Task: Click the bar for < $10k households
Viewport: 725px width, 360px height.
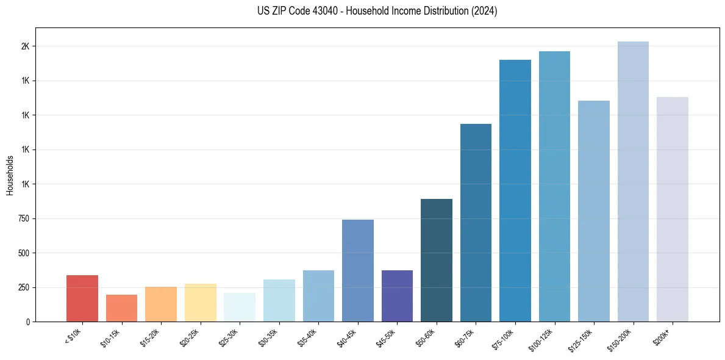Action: pyautogui.click(x=82, y=298)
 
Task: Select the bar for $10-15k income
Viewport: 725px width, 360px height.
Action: pyautogui.click(x=121, y=308)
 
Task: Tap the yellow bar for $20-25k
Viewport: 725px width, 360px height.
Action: pyautogui.click(x=200, y=303)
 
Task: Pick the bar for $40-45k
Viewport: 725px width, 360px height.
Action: pyautogui.click(x=357, y=270)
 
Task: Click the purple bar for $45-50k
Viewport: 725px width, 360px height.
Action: pyautogui.click(x=397, y=296)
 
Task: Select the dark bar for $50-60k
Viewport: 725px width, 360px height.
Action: pyautogui.click(x=437, y=260)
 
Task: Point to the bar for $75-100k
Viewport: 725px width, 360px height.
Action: pyautogui.click(x=515, y=190)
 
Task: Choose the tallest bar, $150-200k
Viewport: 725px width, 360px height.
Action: pyautogui.click(x=633, y=181)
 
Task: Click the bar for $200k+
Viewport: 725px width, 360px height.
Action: pyautogui.click(x=673, y=209)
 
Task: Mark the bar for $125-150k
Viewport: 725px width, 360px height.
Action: pyautogui.click(x=594, y=211)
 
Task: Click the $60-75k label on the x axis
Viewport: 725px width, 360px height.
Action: pyautogui.click(x=465, y=337)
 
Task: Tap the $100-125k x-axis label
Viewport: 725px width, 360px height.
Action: pyautogui.click(x=541, y=339)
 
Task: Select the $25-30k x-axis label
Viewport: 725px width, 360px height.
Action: pyautogui.click(x=229, y=337)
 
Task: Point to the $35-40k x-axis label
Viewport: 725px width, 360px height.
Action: pyautogui.click(x=308, y=337)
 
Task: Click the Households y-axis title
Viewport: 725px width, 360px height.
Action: pyautogui.click(x=10, y=175)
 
